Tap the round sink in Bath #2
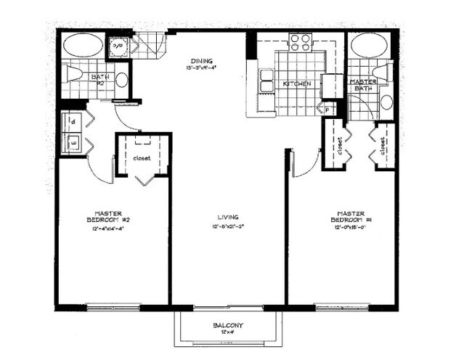click(x=121, y=80)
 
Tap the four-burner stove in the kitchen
click(x=298, y=41)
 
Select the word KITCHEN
click(x=296, y=84)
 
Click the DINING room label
click(x=201, y=61)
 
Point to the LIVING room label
click(x=228, y=217)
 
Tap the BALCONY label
click(x=227, y=325)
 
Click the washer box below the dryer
click(x=73, y=144)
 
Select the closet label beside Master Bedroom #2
click(x=142, y=157)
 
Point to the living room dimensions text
click(x=228, y=226)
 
